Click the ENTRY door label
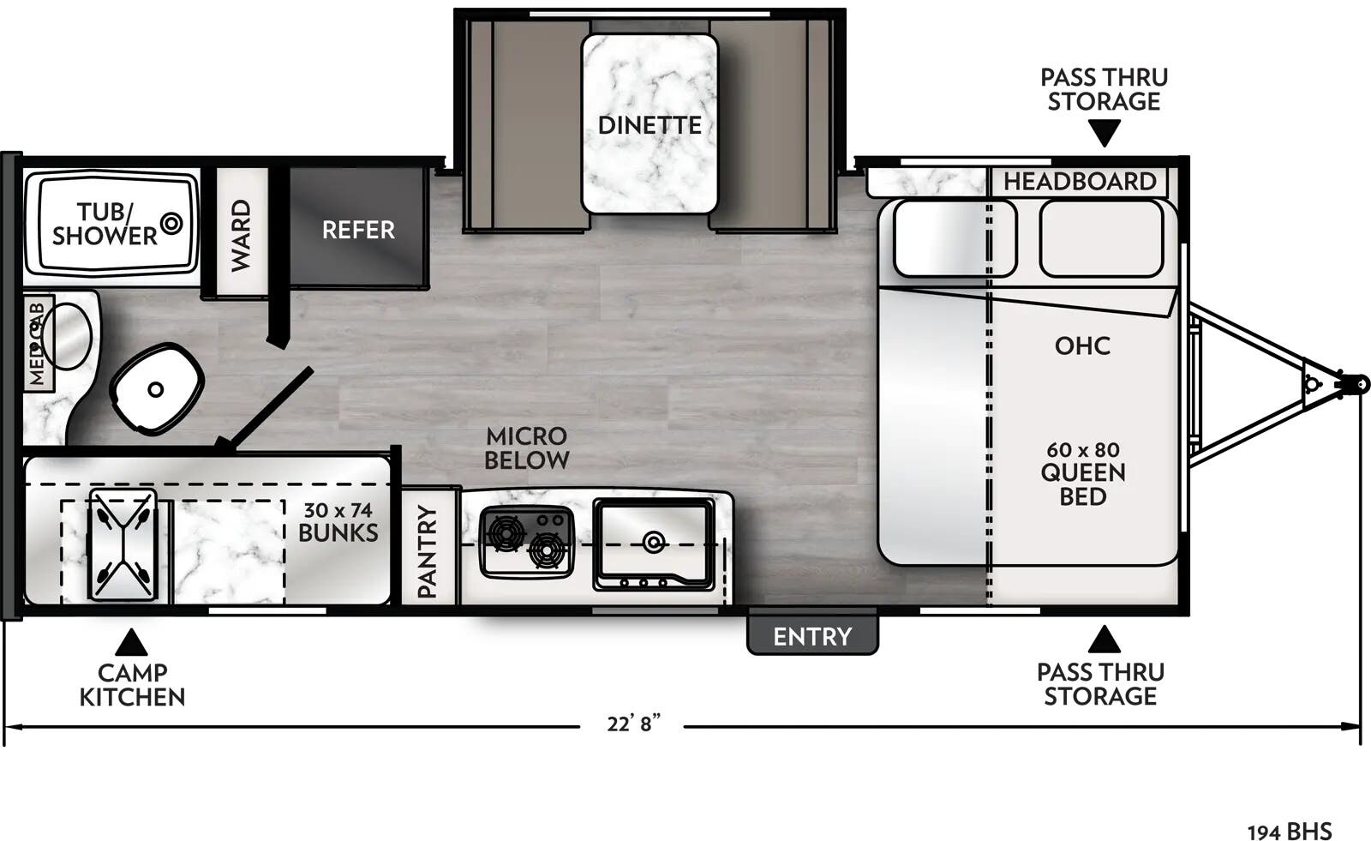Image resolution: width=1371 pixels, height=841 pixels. click(811, 636)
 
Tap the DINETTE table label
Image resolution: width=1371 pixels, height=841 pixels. click(649, 125)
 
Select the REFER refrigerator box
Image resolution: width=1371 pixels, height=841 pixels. click(357, 229)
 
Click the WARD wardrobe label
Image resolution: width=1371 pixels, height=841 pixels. click(241, 235)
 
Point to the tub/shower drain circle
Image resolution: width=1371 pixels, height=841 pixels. click(172, 224)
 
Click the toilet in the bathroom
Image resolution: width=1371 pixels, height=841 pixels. click(156, 389)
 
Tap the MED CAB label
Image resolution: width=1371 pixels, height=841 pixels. click(38, 342)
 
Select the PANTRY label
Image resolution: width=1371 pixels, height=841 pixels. click(427, 551)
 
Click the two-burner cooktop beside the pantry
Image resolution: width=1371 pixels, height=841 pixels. click(526, 541)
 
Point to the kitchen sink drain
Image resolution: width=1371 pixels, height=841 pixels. click(654, 541)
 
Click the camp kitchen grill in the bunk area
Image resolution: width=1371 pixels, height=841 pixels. click(123, 545)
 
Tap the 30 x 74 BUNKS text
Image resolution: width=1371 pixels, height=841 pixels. click(338, 521)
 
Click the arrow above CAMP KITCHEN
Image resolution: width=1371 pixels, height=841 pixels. click(130, 643)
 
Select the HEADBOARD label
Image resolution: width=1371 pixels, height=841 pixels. click(1079, 182)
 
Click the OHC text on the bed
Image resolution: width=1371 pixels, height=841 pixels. click(1082, 345)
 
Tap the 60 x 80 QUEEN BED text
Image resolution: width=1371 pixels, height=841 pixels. click(1082, 472)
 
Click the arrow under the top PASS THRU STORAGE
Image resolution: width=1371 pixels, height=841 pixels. click(1104, 134)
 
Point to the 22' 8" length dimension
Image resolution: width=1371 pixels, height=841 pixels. click(633, 724)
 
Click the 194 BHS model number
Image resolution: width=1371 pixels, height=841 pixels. click(1289, 831)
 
